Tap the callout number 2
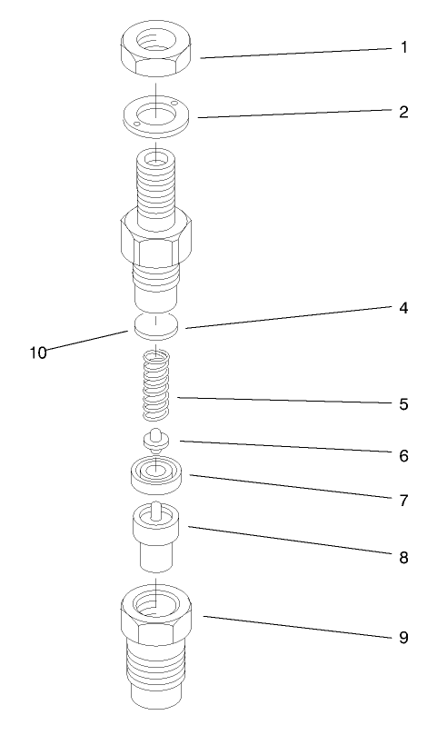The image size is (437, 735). (x=403, y=113)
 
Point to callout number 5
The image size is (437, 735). (x=403, y=403)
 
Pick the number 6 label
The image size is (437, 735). (x=403, y=454)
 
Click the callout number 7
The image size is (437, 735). (x=403, y=500)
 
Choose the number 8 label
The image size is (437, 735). (x=403, y=557)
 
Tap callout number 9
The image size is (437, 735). (x=403, y=638)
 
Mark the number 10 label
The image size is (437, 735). (x=37, y=352)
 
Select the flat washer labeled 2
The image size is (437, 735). (x=156, y=115)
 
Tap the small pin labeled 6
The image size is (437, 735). (x=156, y=440)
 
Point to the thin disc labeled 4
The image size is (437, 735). (x=156, y=326)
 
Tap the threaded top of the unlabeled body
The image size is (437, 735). (x=156, y=186)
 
